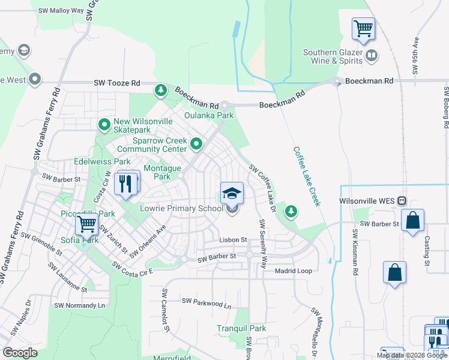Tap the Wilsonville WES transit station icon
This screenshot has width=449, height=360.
coord(402,200)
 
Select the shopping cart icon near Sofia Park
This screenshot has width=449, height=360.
coord(87,225)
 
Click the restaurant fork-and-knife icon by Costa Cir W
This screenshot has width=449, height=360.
coord(126,182)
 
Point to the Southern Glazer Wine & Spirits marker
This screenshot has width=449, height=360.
coord(372,56)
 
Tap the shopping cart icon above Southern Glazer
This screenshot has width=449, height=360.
coord(363,28)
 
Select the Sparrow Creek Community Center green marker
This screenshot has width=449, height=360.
coord(196,144)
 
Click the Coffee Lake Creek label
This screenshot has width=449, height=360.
coord(307,176)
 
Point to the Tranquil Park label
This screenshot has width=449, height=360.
coord(241,328)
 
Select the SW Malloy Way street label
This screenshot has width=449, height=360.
coord(61,11)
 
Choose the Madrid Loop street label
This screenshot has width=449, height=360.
coord(293,271)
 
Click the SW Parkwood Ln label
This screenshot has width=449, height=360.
coord(206,305)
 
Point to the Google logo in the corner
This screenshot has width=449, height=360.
coord(20,352)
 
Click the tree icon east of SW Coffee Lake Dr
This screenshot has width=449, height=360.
coord(291,211)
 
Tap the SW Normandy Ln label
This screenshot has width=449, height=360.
coord(79,305)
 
